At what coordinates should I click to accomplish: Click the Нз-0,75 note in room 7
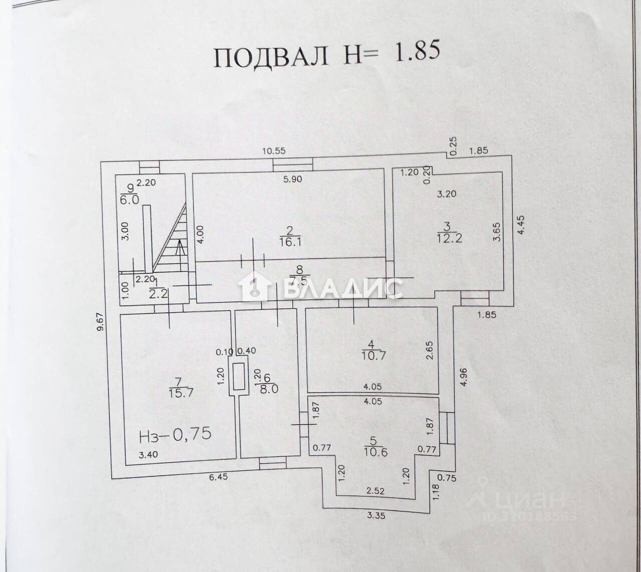click(x=174, y=434)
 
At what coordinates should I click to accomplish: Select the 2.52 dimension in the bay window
click(x=376, y=491)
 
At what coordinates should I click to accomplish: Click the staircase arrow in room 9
click(x=179, y=244)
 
